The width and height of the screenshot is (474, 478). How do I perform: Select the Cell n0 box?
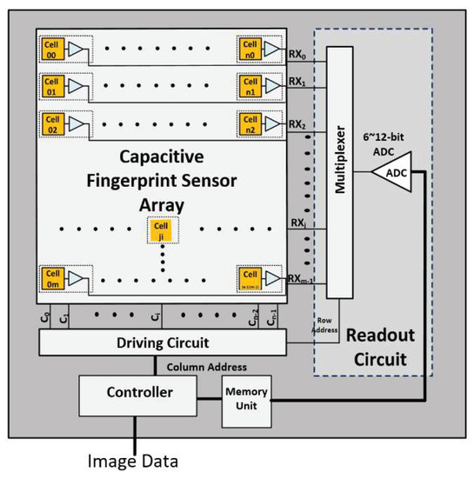[250, 50]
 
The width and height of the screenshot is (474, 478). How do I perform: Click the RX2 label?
[298, 123]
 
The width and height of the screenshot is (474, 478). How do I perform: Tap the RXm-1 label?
[302, 278]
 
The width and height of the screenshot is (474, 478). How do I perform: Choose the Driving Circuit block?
[163, 342]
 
